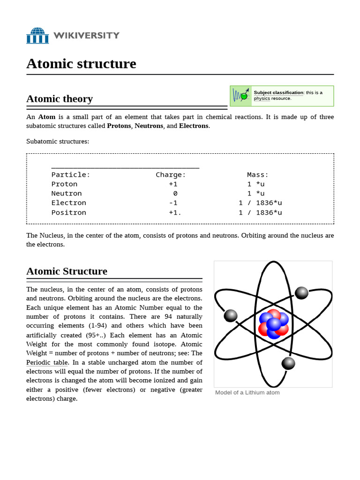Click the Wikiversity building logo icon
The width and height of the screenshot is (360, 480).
pos(37,36)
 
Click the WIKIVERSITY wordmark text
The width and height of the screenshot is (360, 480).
pos(86,36)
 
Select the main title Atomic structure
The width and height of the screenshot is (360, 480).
pos(81,63)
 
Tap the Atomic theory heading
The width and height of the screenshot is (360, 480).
pos(60,98)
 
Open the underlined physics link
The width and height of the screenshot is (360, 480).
pos(262,98)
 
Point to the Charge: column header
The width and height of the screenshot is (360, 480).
pos(171,175)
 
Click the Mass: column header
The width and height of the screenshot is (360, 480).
pos(258,175)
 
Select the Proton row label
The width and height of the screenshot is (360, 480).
pos(64,184)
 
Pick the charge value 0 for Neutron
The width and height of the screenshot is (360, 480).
pos(175,194)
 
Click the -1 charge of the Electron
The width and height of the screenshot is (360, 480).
pos(173,203)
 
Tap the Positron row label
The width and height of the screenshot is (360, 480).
pos(68,212)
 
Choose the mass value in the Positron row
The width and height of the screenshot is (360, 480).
pos(260,212)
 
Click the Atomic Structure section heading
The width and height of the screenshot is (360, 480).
pos(67,271)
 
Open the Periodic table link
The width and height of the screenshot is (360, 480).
pos(47,362)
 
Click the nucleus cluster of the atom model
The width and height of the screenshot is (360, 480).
pos(273,323)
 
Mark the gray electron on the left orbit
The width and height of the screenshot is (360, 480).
pos(231,315)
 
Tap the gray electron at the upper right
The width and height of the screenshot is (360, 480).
pos(302,293)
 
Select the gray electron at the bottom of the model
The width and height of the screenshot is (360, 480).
pos(288,363)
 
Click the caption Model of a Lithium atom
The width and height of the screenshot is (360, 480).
pos(247,392)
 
